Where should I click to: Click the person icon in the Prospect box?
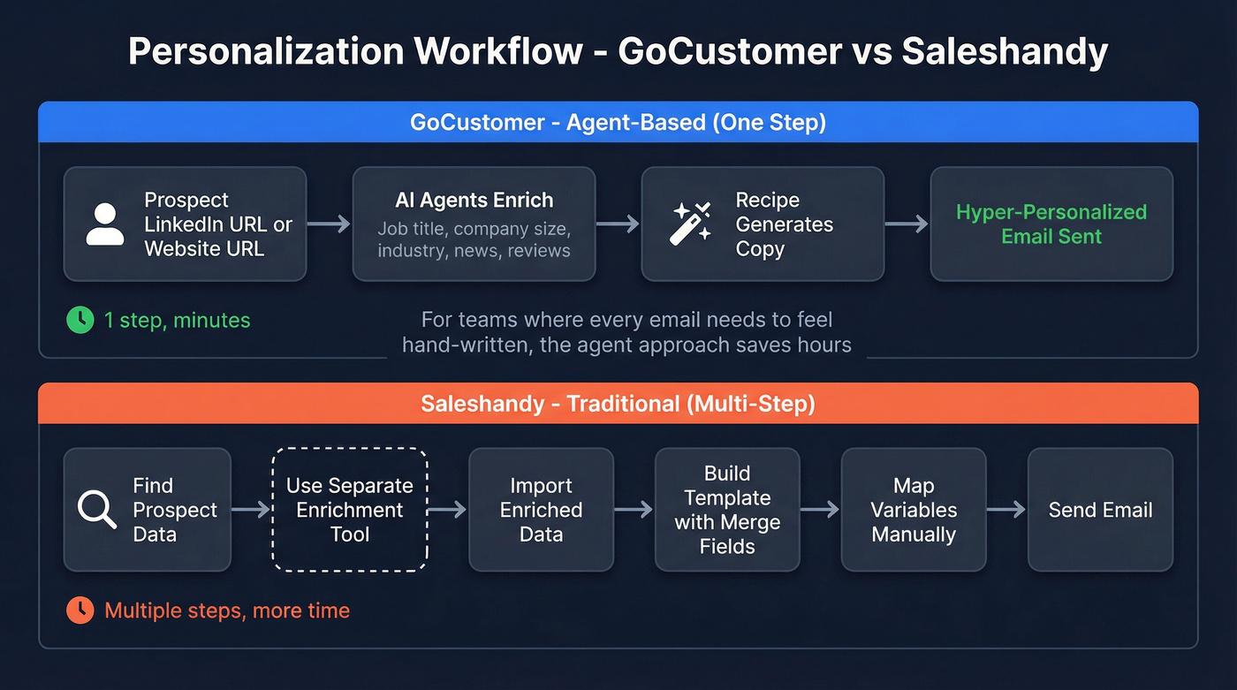click(105, 224)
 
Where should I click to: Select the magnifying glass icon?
click(97, 510)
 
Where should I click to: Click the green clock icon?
click(80, 320)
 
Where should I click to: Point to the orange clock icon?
click(80, 610)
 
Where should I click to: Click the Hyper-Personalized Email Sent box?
click(1051, 224)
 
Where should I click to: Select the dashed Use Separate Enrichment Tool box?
click(350, 510)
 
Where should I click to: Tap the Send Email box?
click(1100, 510)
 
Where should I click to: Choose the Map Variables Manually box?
click(914, 510)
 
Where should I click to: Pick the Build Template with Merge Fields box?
click(727, 510)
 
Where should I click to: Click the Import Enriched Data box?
click(541, 510)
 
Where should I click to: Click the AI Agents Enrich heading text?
click(474, 200)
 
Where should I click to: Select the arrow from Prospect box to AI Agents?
click(330, 224)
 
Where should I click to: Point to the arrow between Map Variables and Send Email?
click(1006, 510)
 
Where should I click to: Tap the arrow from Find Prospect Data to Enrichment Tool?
click(251, 510)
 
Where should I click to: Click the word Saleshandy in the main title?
click(1005, 51)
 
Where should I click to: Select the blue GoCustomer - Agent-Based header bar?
click(618, 122)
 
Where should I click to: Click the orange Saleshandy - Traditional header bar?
click(618, 404)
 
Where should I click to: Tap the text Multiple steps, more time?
click(227, 610)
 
